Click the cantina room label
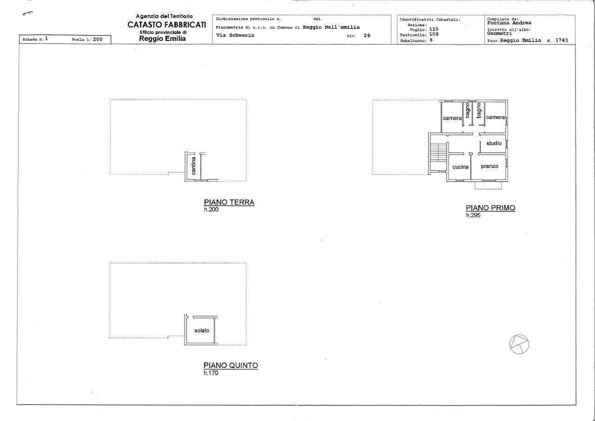pos(193,166)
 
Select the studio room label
pos(494,143)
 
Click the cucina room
pos(460,167)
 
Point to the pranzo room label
pos(489,167)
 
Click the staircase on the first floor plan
pos(438,152)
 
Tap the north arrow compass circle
pos(519,344)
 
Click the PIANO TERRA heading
pos(229,202)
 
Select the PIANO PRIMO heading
pos(490,208)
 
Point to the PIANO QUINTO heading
pos(231,366)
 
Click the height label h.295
pos(473,215)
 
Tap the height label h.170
pos(211,373)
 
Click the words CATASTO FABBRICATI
pos(166,25)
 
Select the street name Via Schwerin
pos(235,35)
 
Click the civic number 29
pos(367,35)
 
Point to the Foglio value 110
pos(434,29)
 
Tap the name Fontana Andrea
pos(509,23)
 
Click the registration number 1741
pos(562,40)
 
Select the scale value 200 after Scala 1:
pos(98,40)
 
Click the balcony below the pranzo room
pos(488,185)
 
